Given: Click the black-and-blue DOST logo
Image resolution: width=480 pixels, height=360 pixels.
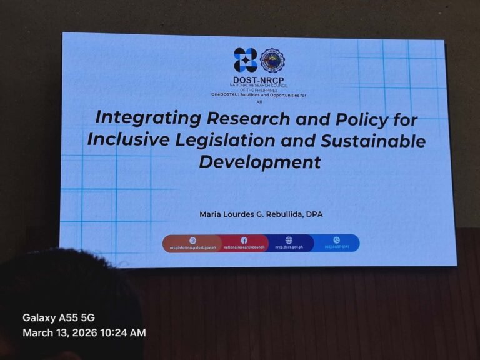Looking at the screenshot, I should tap(246, 60).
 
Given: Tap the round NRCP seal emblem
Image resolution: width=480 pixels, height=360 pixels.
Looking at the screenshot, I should tap(272, 61).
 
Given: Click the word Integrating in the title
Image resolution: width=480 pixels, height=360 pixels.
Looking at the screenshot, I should tap(149, 117).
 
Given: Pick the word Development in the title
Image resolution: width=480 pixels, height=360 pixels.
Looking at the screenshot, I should tap(259, 162).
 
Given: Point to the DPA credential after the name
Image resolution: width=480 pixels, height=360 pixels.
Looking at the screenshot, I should tap(314, 214).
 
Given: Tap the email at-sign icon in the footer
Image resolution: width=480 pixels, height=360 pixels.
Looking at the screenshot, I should tap(192, 240).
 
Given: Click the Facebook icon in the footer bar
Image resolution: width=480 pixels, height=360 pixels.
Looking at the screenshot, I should tap(244, 240).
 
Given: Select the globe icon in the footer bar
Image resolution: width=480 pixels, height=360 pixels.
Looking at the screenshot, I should tap(289, 240).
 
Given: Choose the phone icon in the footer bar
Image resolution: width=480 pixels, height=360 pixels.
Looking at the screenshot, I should tap(336, 240).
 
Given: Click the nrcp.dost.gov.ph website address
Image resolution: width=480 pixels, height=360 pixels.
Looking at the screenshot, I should tap(289, 247).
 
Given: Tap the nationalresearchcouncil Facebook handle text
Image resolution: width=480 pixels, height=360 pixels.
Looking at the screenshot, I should tap(244, 247).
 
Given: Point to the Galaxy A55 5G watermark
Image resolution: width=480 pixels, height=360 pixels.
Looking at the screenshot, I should tap(59, 317).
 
